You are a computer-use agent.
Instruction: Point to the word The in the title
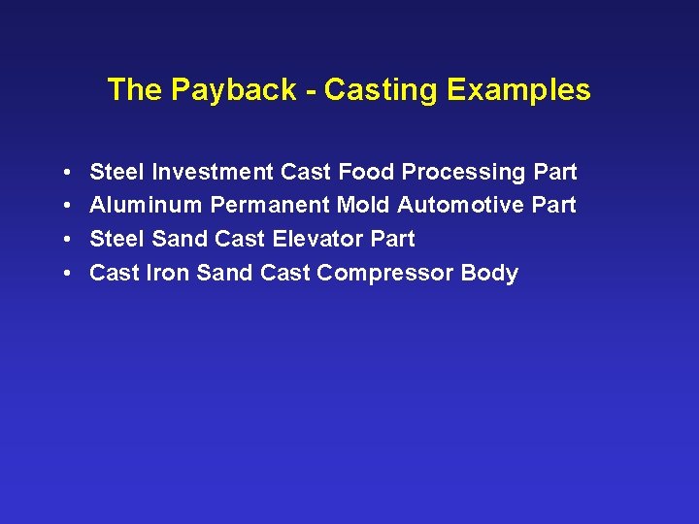tap(135, 90)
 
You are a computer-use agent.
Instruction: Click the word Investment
tap(214, 172)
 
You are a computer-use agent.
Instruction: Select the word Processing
tap(464, 172)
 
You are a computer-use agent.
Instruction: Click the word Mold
tap(363, 205)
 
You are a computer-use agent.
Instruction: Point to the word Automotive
tap(461, 205)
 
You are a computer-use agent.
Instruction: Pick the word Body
tap(489, 273)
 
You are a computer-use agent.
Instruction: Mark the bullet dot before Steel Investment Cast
tap(63, 173)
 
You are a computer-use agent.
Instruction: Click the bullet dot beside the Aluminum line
tap(63, 206)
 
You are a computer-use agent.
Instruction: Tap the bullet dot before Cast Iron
tap(63, 274)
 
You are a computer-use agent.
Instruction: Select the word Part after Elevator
tap(393, 239)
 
